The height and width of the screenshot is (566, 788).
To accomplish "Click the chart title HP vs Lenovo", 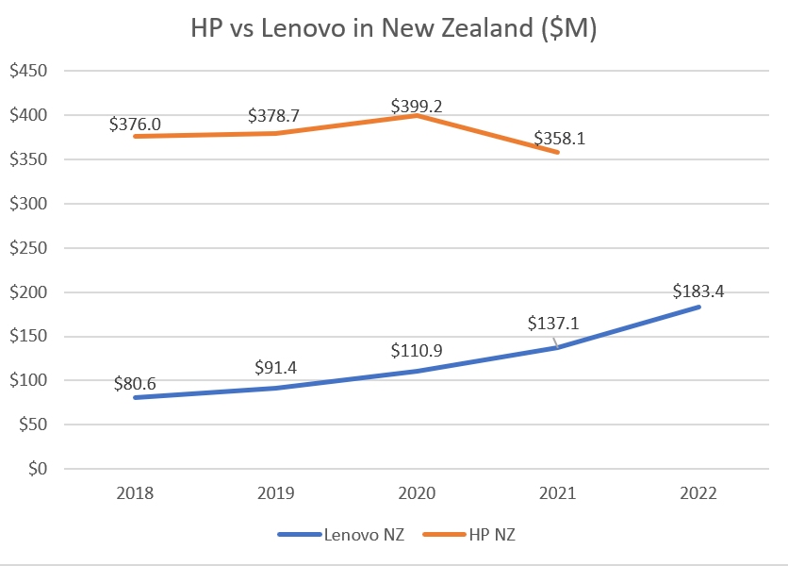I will click(393, 29).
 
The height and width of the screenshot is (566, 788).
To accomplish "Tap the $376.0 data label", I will click(135, 124).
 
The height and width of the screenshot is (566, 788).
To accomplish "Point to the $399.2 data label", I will click(416, 107).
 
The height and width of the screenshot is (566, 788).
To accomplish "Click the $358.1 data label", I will click(558, 139).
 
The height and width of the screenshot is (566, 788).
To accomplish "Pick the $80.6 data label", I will click(136, 383).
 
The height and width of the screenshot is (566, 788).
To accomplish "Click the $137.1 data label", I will click(553, 323).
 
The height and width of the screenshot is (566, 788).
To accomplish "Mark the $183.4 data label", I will click(698, 291).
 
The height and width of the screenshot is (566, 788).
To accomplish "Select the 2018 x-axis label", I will click(135, 493).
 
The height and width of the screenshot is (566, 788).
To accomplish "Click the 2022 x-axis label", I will click(698, 493).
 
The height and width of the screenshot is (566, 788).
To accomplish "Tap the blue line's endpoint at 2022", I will click(698, 307).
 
